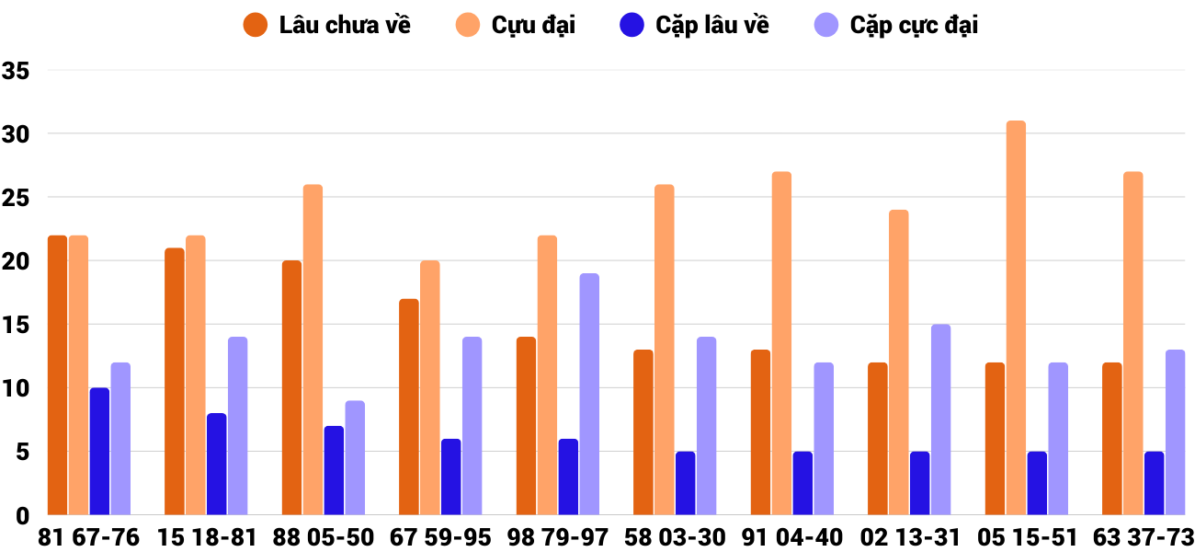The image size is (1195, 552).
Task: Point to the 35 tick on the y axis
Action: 17,71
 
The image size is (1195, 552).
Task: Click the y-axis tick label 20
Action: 17,261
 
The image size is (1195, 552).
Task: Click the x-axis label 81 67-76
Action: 89,537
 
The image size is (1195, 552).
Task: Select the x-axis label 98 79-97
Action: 557,537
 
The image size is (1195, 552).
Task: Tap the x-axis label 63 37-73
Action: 1143,537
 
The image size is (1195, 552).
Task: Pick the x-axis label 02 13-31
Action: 908,537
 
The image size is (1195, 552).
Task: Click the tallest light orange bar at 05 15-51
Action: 1016,317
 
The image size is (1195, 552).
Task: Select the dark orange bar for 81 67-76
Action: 57,375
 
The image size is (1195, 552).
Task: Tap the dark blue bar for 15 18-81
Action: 216,465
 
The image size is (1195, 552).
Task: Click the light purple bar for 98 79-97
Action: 589,395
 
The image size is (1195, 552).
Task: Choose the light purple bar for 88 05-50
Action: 355,458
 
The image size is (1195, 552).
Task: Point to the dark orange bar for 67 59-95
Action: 409,407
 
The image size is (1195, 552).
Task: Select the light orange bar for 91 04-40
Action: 781,343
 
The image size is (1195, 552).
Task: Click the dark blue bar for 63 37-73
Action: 1154,483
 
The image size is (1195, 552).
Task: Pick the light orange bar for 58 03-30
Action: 664,350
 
